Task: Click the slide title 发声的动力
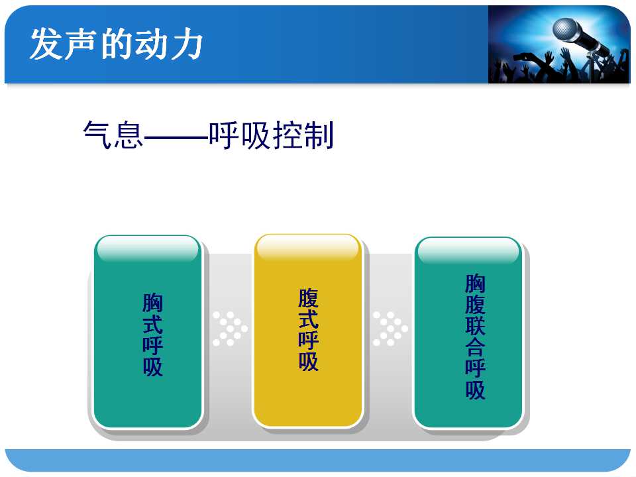point(116,44)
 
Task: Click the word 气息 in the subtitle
point(113,134)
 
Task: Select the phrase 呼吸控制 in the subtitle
point(271,134)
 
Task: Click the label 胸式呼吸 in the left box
point(152,335)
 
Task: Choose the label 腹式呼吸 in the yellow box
point(308,329)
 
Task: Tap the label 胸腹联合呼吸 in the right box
point(475,337)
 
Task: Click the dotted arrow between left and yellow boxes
point(230,329)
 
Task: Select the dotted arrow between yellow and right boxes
point(390,329)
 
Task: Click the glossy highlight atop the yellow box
point(308,246)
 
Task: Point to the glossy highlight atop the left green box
point(148,248)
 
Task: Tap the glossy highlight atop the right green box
point(468,250)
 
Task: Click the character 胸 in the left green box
point(152,303)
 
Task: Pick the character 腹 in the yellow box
point(308,298)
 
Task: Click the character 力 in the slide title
point(186,44)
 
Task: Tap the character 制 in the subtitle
point(319,134)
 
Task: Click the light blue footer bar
point(317,460)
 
